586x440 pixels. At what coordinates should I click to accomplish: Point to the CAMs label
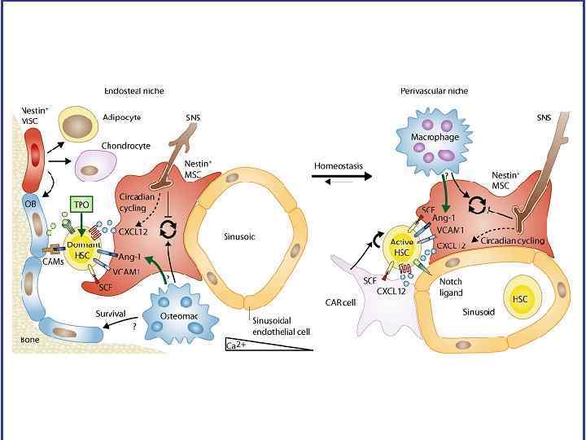42,261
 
